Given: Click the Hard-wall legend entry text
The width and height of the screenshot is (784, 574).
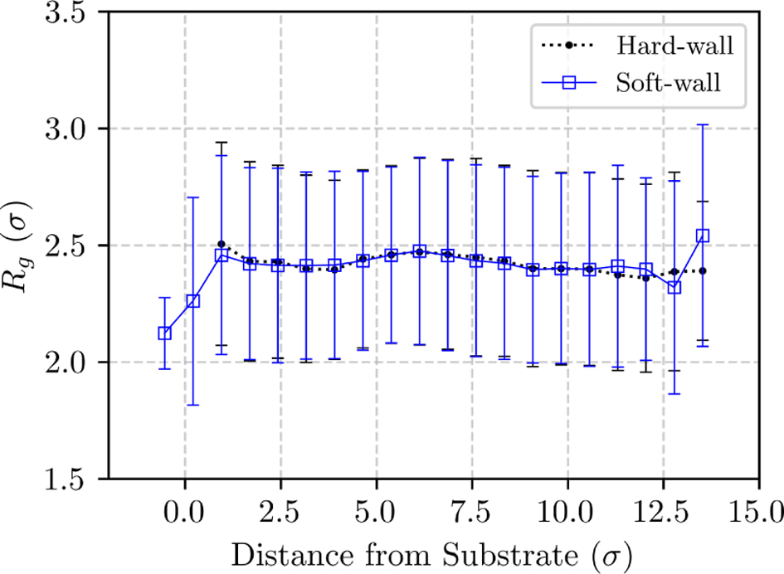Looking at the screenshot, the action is [x=675, y=46].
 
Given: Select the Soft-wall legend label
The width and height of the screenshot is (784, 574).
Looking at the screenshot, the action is [x=669, y=82].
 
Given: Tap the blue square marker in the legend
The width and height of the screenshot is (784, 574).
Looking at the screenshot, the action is [x=569, y=82].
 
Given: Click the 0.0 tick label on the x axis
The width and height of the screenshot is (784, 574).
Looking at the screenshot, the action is [x=185, y=512].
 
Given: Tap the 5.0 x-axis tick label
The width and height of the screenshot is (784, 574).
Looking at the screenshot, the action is [x=377, y=512].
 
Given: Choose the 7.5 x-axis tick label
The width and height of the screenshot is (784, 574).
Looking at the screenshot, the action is [x=472, y=512].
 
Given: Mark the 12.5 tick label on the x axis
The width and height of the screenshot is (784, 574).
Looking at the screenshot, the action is [x=664, y=512].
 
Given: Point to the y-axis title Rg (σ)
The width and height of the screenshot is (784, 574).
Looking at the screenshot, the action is [x=17, y=247].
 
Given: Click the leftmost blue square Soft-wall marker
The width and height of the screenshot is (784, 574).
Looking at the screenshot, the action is [x=164, y=333].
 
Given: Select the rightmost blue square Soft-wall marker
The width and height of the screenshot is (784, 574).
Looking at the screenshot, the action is [x=703, y=236].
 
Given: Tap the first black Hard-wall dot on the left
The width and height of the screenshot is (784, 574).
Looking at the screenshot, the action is [x=222, y=244].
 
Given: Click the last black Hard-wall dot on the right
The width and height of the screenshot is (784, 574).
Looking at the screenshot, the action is [x=703, y=270].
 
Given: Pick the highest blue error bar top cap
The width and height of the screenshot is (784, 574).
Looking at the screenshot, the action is [x=703, y=124].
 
